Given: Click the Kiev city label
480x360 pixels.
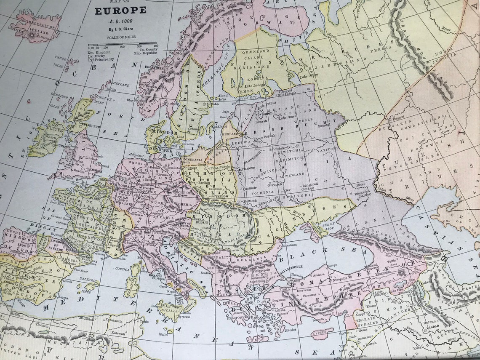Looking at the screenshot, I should coord(287,190).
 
